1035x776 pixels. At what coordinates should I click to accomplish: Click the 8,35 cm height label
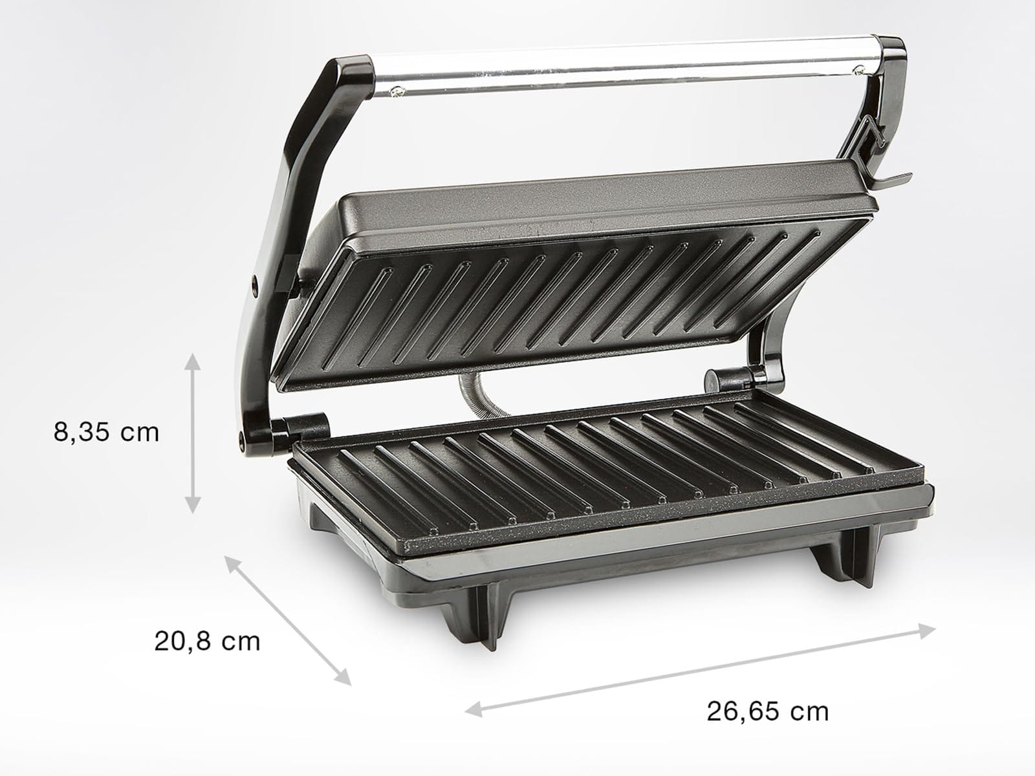pyautogui.click(x=106, y=432)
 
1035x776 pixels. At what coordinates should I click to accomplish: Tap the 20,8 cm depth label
pyautogui.click(x=207, y=641)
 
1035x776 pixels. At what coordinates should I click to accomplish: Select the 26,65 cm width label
pyautogui.click(x=767, y=711)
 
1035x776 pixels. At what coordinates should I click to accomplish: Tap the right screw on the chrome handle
pyautogui.click(x=858, y=69)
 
